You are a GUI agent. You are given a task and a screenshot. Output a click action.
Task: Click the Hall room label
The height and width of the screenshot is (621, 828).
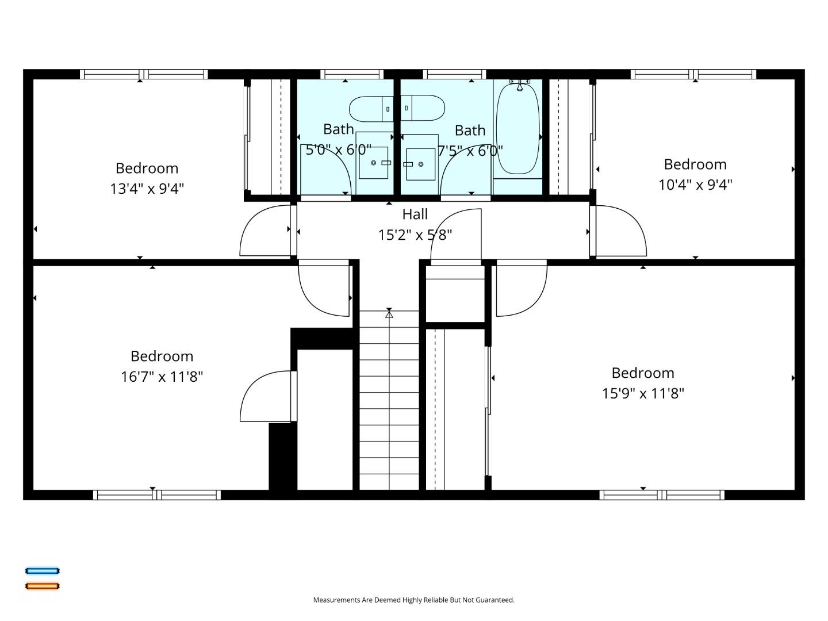click(415, 214)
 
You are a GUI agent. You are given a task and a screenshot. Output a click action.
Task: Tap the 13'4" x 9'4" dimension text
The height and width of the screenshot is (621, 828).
click(147, 189)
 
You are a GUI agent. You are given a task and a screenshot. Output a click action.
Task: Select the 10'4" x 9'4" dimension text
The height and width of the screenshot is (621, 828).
click(695, 185)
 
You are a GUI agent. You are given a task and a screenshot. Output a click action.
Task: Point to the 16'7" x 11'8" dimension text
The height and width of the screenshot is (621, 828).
click(162, 377)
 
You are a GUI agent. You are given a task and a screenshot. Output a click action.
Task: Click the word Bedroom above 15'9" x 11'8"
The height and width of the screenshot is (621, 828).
click(643, 373)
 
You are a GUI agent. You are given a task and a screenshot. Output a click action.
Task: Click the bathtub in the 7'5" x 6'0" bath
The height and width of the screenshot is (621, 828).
click(517, 129)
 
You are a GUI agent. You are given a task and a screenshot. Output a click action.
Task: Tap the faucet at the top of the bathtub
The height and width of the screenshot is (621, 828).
click(520, 85)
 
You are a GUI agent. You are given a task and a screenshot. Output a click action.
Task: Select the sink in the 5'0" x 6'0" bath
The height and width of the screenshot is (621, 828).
click(373, 163)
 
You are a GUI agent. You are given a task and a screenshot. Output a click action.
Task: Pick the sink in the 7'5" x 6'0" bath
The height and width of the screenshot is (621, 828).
click(420, 164)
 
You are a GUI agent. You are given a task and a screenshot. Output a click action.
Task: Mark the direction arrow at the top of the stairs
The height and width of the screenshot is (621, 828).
click(389, 314)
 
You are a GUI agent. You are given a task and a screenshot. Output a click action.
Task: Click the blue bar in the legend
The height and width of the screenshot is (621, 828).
click(43, 571)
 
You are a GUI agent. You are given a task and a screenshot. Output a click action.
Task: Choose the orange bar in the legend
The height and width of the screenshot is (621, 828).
click(43, 586)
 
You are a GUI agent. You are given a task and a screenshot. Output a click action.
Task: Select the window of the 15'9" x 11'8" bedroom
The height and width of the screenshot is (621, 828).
click(662, 495)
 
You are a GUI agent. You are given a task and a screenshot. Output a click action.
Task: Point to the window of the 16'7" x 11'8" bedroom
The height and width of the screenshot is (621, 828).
click(157, 495)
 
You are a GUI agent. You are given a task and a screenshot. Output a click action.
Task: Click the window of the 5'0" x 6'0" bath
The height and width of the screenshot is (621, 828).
click(352, 74)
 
